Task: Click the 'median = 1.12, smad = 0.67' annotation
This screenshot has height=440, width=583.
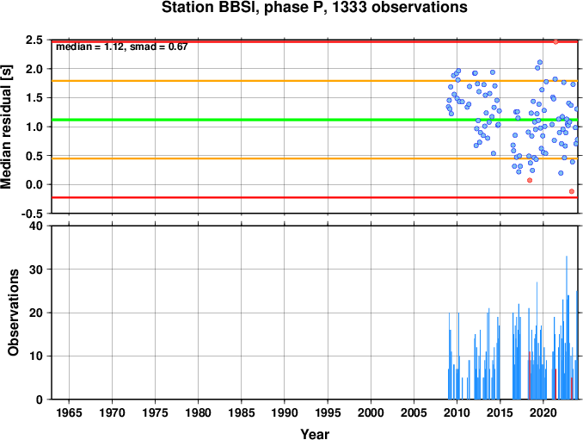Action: (x=122, y=46)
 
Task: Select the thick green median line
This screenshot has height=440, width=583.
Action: (x=315, y=120)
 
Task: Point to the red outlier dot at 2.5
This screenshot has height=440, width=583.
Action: (x=555, y=41)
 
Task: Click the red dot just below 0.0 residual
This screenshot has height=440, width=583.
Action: (x=572, y=191)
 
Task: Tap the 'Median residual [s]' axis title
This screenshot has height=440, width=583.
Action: (x=6, y=127)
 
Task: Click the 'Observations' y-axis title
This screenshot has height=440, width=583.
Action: (x=14, y=313)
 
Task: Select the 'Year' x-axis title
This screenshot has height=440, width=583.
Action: (x=315, y=434)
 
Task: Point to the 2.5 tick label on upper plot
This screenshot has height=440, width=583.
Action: (x=34, y=40)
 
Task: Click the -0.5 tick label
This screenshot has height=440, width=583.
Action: (x=32, y=214)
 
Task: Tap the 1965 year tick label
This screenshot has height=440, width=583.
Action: (x=69, y=412)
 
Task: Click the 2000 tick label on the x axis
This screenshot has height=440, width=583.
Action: (x=371, y=412)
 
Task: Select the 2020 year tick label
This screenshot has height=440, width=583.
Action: (x=543, y=412)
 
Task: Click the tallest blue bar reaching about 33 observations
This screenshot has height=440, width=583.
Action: (x=567, y=327)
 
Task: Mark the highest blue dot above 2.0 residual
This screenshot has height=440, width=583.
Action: (x=540, y=62)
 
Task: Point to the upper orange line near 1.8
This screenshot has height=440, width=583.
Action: (x=315, y=81)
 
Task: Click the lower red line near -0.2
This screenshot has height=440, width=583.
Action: (x=315, y=197)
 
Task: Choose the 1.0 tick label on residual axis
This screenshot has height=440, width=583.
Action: (x=34, y=127)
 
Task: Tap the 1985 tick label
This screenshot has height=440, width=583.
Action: (x=242, y=412)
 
